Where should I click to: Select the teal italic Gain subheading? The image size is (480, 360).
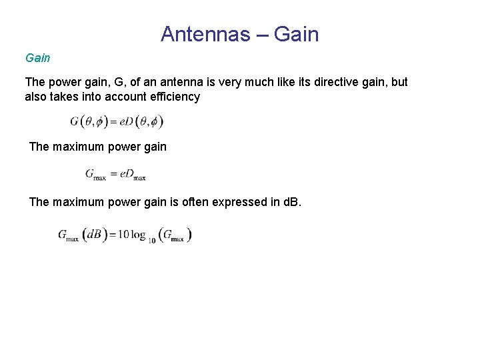point(37,58)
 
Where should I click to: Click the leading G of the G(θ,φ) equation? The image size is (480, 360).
point(75,121)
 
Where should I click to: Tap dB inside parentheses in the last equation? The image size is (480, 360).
point(94,235)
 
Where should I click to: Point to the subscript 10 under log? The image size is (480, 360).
point(152,240)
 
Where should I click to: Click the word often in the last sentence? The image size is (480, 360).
point(195,201)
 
